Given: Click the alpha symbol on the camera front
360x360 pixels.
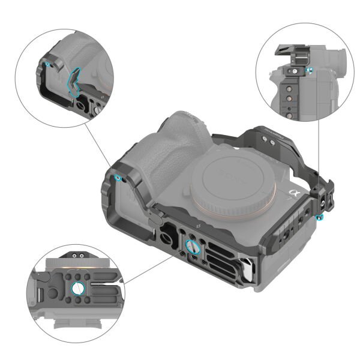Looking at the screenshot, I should (x=294, y=194).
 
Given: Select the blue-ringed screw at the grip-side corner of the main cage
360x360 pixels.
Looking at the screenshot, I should (x=118, y=178).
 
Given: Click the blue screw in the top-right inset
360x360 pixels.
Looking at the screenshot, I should (x=310, y=71).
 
